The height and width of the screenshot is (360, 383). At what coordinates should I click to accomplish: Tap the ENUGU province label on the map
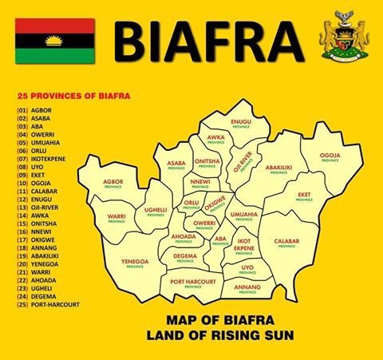(241, 123)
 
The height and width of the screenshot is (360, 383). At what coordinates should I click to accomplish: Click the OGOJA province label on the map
(330, 156)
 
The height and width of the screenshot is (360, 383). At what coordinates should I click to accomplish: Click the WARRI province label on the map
(117, 217)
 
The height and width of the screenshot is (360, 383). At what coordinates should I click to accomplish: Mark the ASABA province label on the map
(176, 164)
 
